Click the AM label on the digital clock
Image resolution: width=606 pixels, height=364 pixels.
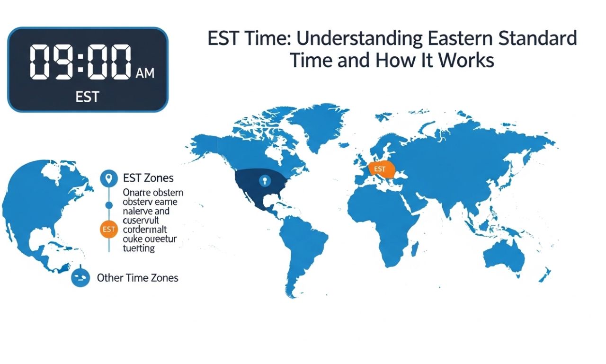click(x=145, y=73)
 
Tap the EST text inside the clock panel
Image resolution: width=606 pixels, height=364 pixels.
click(x=87, y=97)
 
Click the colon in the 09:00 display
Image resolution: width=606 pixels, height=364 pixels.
click(x=79, y=62)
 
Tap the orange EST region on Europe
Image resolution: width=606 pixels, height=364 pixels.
click(x=381, y=169)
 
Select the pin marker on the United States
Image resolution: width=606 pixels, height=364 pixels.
click(x=264, y=181)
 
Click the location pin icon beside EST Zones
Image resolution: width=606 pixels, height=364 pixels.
click(x=109, y=178)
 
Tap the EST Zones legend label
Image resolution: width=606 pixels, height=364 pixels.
click(x=148, y=178)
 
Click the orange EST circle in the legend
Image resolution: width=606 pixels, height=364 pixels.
click(x=109, y=230)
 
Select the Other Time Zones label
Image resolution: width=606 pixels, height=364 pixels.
click(x=137, y=278)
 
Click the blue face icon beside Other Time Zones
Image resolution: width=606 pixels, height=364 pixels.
click(x=80, y=277)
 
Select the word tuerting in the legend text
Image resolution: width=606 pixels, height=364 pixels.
click(x=139, y=248)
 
